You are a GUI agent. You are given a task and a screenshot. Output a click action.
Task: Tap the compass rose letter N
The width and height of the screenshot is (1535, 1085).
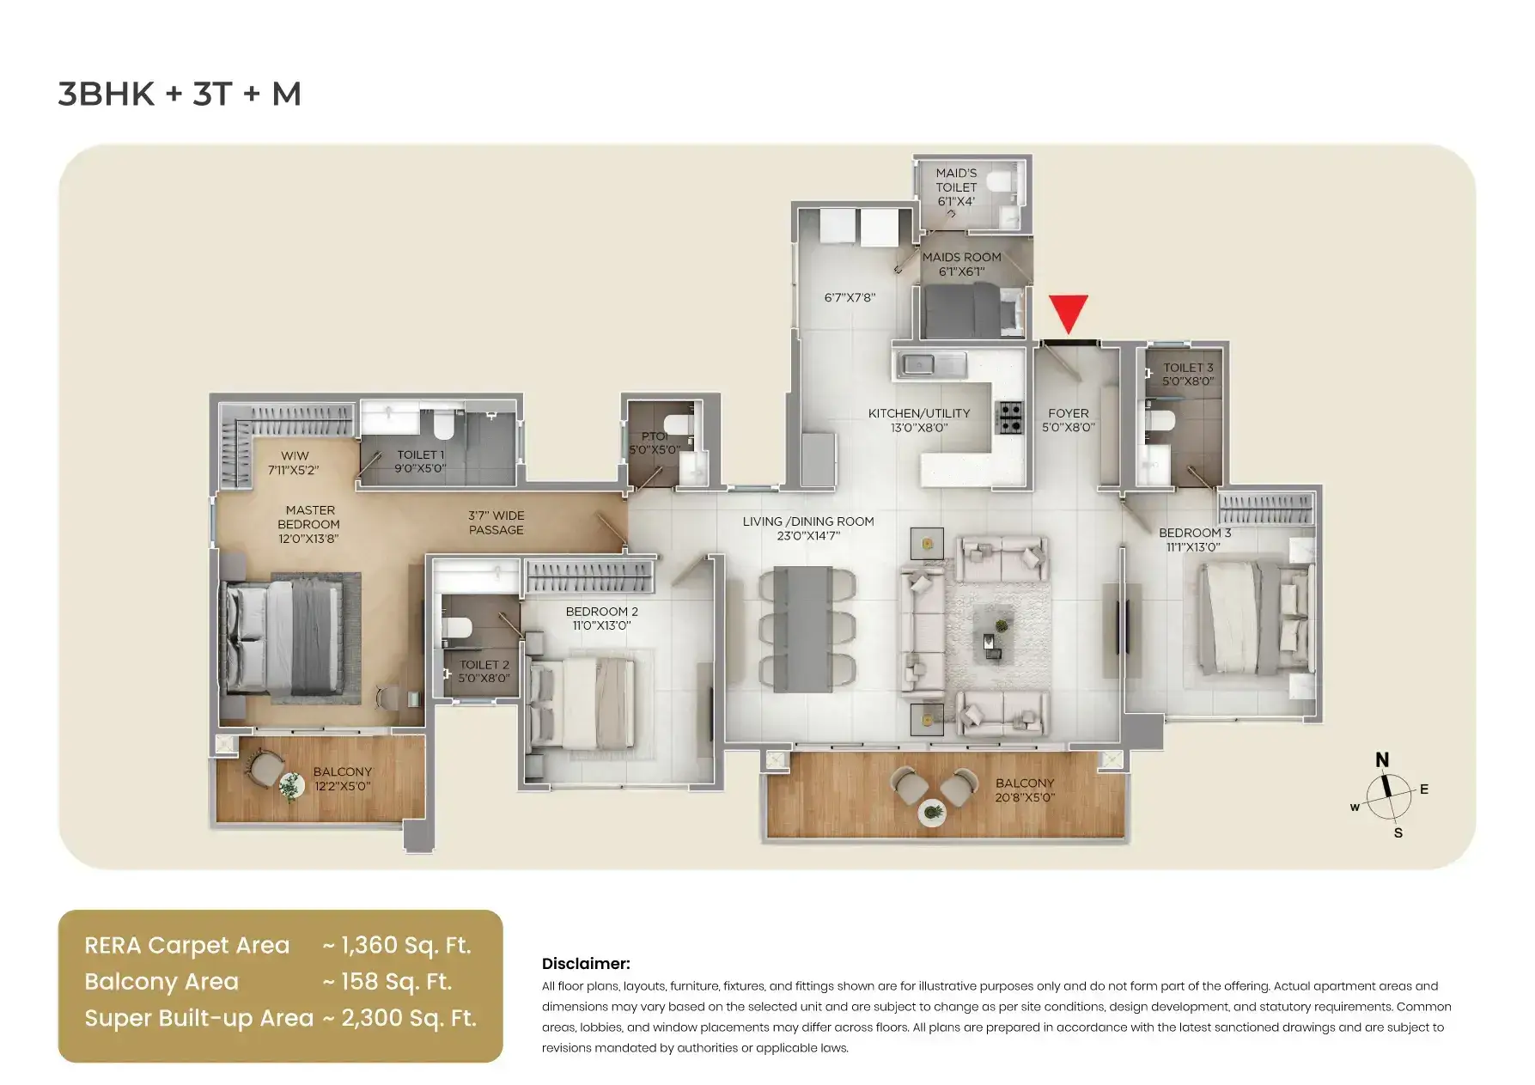(x=1382, y=760)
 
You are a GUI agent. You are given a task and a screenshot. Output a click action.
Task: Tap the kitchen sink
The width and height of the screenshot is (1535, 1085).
(x=933, y=364)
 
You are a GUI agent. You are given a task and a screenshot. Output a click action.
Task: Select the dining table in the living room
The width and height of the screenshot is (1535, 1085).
(x=803, y=629)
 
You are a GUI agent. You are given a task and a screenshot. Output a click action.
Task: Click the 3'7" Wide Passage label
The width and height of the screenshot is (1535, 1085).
(x=496, y=522)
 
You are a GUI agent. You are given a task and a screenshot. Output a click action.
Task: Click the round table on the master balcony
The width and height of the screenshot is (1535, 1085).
(x=291, y=784)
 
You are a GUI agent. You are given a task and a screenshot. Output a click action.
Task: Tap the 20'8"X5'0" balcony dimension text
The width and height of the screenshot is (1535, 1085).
(x=1025, y=797)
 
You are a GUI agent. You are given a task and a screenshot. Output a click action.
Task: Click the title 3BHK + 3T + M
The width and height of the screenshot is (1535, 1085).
(x=180, y=94)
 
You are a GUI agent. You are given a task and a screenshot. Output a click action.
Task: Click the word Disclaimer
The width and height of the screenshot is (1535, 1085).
(x=586, y=964)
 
